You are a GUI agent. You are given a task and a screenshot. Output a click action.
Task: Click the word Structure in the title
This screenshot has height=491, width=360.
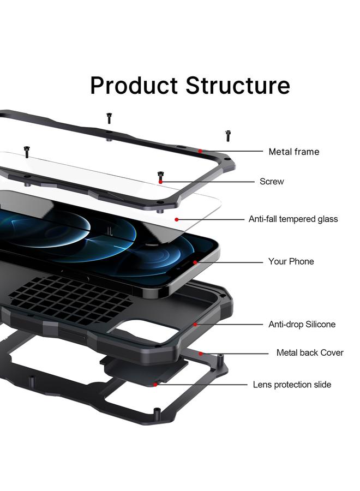click(x=237, y=86)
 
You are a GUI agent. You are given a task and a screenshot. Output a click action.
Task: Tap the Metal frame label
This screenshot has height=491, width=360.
click(x=293, y=152)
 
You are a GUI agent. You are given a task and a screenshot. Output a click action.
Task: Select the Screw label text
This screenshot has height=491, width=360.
click(x=272, y=182)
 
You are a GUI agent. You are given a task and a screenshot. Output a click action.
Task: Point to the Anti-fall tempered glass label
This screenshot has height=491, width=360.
click(x=293, y=219)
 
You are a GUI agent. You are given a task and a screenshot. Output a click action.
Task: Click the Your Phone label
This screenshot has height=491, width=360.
click(x=291, y=262)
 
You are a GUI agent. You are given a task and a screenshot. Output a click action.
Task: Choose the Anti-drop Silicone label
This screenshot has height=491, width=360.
click(x=302, y=325)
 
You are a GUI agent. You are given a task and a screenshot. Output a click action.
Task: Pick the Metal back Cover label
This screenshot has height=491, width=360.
click(x=310, y=353)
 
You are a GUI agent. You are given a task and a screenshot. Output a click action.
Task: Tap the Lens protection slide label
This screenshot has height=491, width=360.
click(x=292, y=385)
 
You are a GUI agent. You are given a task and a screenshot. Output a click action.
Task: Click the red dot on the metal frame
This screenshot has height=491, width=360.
click(x=200, y=151)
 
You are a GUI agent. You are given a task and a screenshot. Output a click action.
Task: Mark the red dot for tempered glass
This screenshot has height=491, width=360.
click(x=177, y=219)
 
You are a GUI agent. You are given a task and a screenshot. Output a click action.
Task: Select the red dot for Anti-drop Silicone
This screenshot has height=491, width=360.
click(x=195, y=325)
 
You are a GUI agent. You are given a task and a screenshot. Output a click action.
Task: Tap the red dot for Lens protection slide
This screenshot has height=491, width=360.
click(x=155, y=385)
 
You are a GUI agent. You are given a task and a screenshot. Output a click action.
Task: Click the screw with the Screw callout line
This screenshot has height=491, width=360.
click(x=160, y=176)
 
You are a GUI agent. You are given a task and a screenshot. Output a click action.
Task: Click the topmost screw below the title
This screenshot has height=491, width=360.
click(x=109, y=117)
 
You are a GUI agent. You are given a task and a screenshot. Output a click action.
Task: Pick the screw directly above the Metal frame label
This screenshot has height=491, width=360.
click(x=228, y=135)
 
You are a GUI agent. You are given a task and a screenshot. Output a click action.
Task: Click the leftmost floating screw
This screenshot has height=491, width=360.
click(x=26, y=149)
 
